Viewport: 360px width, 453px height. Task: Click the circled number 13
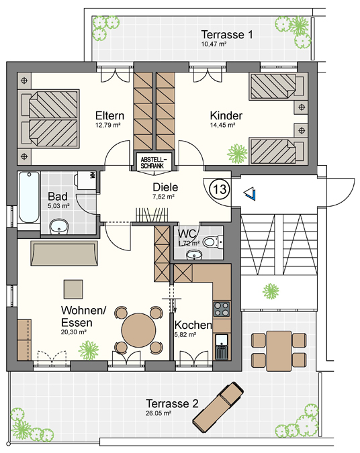pyautogui.click(x=220, y=189)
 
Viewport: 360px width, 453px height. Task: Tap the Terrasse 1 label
pyautogui.click(x=227, y=35)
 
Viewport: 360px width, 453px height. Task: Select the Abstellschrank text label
pyautogui.click(x=154, y=162)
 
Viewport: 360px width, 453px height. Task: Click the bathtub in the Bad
pyautogui.click(x=29, y=197)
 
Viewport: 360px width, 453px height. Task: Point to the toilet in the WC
pyautogui.click(x=213, y=242)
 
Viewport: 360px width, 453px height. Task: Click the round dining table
pyautogui.click(x=139, y=330)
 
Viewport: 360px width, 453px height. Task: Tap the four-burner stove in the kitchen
pyautogui.click(x=222, y=309)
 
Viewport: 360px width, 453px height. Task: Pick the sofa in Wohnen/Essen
pyautogui.click(x=64, y=253)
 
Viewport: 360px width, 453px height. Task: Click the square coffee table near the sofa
pyautogui.click(x=73, y=289)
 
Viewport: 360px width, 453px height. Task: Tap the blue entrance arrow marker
pyautogui.click(x=250, y=193)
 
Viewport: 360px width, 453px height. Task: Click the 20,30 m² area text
pyautogui.click(x=74, y=332)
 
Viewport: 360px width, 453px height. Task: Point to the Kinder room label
pyautogui.click(x=226, y=115)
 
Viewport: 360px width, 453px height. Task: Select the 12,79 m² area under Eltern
pyautogui.click(x=108, y=125)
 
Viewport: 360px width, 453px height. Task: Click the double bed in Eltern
pyautogui.click(x=48, y=119)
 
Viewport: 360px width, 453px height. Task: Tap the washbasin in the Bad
pyautogui.click(x=59, y=227)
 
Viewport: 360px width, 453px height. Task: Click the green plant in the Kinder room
pyautogui.click(x=237, y=154)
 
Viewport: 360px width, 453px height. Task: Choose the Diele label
pyautogui.click(x=165, y=187)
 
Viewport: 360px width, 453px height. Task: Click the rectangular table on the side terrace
pyautogui.click(x=279, y=351)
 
